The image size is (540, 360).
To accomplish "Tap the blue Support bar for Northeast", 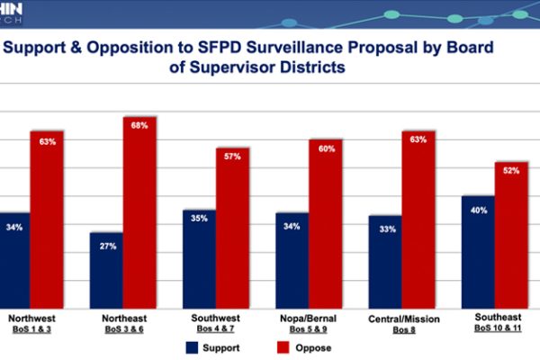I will coord(106,270).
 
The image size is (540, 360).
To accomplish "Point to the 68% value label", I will coord(139,125).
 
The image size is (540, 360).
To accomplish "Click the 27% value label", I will coord(107,245).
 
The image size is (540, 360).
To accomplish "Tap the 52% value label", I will coord(510,170).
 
